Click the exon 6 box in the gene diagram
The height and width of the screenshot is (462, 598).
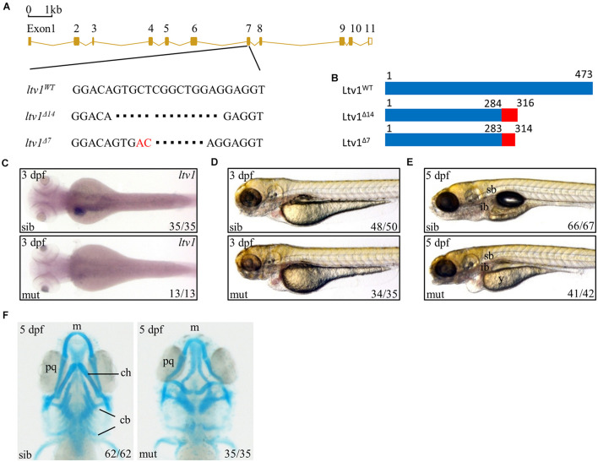[193, 41]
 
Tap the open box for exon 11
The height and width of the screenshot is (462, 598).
[370, 41]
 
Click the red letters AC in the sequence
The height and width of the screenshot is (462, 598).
[144, 143]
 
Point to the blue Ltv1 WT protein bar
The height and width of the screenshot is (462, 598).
[488, 88]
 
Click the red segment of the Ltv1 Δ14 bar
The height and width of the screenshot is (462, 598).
[509, 115]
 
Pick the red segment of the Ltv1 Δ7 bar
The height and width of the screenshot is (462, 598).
[508, 139]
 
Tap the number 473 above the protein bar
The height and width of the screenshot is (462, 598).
[584, 74]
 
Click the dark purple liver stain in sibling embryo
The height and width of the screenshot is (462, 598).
[79, 210]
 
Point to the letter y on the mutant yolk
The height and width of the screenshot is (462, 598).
[501, 279]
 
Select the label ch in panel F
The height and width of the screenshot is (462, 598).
[126, 372]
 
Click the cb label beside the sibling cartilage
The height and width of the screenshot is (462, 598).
[125, 420]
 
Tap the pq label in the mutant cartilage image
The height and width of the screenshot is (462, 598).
[168, 361]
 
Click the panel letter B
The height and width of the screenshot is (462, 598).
[334, 79]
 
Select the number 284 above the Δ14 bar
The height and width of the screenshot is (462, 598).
[493, 103]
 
